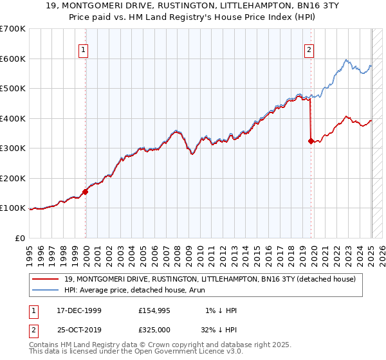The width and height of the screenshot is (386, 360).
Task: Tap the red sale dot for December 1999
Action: [x=85, y=192]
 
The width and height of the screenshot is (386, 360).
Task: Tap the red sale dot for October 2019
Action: [x=311, y=141]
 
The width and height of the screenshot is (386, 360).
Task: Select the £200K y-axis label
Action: [x=14, y=178]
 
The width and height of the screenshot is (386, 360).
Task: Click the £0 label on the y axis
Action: [x=20, y=238]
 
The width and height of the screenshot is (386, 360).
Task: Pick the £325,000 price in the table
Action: [x=154, y=330]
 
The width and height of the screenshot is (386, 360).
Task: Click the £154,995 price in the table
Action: [x=154, y=310]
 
